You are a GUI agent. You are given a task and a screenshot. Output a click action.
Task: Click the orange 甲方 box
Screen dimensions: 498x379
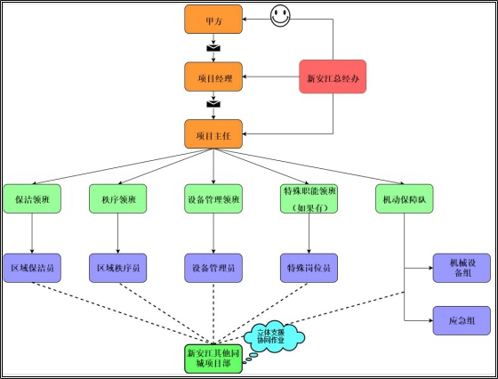pos(213,20)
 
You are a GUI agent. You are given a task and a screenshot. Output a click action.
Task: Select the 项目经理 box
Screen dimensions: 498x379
pos(213,77)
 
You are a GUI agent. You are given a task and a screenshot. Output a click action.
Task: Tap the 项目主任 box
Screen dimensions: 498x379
pos(213,134)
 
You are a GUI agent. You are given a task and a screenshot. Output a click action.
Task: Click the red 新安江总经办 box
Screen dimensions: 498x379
pos(333,77)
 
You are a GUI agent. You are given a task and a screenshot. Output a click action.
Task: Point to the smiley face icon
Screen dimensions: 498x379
pos(280,16)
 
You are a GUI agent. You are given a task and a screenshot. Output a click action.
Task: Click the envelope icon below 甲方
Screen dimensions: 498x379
pos(213,48)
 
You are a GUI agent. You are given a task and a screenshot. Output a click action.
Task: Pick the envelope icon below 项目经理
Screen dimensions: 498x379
pos(213,104)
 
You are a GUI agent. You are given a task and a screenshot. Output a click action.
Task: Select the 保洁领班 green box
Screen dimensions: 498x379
pos(32,198)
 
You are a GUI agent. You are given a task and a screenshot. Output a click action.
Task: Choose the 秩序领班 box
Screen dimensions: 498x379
pos(117,198)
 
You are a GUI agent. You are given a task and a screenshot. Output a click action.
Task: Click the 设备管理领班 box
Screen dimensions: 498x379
pos(213,198)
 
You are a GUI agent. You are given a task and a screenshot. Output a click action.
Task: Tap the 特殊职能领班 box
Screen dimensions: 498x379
pos(309,198)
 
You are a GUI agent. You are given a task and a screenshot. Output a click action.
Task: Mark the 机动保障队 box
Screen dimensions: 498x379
pos(405,198)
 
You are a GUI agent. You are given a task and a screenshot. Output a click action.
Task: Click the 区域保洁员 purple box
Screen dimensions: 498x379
pos(32,268)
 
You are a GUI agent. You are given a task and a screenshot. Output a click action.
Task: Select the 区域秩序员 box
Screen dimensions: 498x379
pos(117,268)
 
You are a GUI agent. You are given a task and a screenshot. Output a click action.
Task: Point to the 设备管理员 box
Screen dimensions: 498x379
pos(213,268)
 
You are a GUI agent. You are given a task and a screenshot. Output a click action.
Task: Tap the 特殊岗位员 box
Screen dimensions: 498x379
pos(309,268)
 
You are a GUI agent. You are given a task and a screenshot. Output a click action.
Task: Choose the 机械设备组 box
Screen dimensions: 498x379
pos(462,268)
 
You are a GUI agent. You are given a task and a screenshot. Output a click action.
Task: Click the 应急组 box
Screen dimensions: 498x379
pos(462,320)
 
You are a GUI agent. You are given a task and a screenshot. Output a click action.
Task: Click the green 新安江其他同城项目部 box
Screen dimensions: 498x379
pos(213,359)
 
